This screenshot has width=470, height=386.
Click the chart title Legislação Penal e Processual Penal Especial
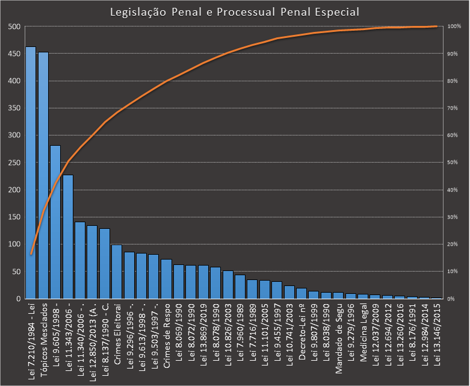pos(235,12)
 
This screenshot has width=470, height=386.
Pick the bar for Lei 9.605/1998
pos(55,223)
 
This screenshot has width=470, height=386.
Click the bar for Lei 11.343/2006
pos(68,238)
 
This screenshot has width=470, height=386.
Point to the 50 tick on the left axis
pos(16,272)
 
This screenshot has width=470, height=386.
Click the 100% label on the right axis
pos(454,26)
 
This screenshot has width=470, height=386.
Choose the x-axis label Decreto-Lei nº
pos(301,330)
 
